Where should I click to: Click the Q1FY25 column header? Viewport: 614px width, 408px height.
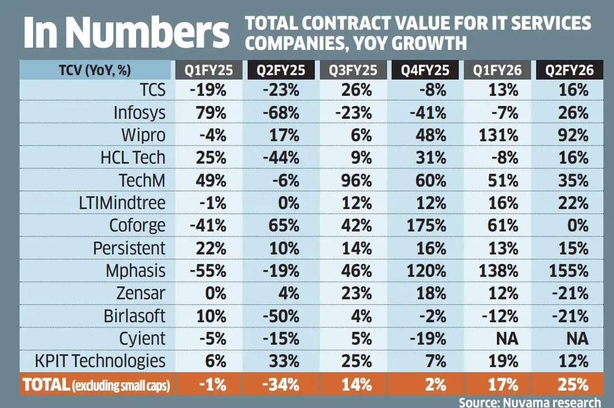[x=208, y=71]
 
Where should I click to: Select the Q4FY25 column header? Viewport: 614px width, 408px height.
[x=427, y=71]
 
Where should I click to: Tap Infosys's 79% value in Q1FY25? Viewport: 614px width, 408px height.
[x=211, y=112]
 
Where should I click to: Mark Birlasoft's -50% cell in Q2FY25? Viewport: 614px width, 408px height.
[x=281, y=316]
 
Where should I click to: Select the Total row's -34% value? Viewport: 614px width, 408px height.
[x=281, y=384]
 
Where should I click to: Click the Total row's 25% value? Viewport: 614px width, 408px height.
[x=573, y=384]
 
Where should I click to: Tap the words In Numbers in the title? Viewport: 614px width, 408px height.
[x=125, y=33]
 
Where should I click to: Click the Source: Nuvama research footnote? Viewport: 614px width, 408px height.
[x=529, y=402]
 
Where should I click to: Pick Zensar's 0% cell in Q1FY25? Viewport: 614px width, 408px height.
[x=215, y=293]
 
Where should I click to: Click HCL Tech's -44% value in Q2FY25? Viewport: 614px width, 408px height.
[x=281, y=157]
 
